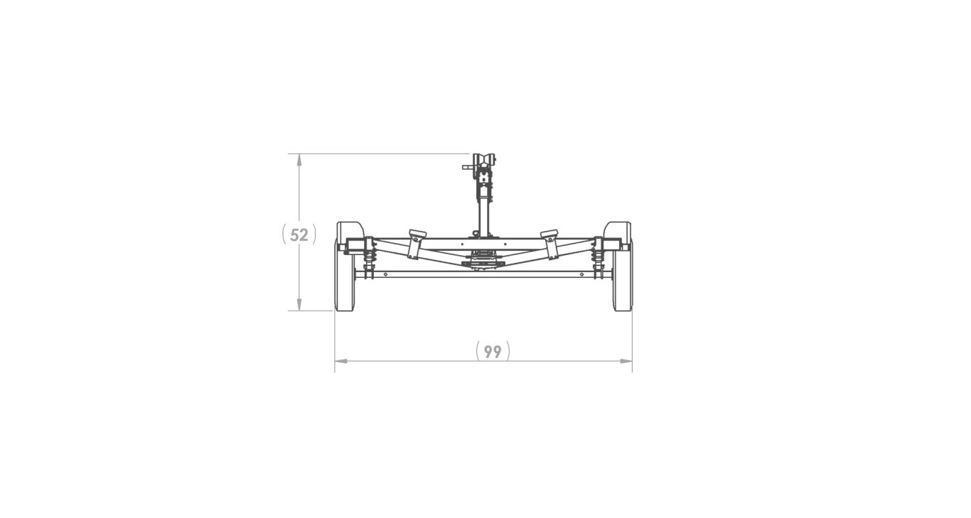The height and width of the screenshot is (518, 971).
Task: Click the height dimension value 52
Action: (299, 234)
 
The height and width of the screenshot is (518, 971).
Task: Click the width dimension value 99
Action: (493, 351)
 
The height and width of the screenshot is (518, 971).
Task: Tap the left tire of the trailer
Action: (344, 284)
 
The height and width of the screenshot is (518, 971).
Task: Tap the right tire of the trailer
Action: (623, 284)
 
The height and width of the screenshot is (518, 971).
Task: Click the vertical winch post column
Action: (484, 213)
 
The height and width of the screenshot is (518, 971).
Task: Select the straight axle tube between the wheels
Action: (483, 274)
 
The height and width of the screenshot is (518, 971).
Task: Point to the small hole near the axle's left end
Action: (385, 274)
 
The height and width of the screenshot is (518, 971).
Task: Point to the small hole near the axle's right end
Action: (581, 274)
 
